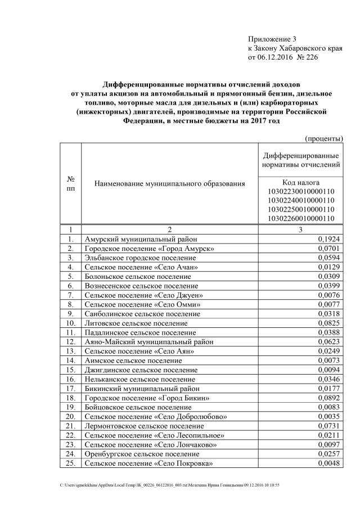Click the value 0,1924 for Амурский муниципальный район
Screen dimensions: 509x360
click(328, 239)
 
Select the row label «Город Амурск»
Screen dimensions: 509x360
click(149, 249)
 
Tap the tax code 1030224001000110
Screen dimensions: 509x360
click(301, 200)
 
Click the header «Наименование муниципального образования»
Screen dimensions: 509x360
click(170, 183)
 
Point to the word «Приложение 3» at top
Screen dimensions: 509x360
click(272, 39)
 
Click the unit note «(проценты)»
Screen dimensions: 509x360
click(323, 138)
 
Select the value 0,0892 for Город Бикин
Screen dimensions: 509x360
click(328, 398)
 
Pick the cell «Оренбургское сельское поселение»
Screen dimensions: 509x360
click(142, 454)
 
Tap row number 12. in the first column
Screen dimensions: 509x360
click(71, 341)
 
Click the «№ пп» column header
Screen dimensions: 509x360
click(71, 183)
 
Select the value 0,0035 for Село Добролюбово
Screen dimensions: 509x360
click(328, 417)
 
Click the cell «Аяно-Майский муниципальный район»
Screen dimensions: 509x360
click(147, 341)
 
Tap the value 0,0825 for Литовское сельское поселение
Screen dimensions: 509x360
click(328, 323)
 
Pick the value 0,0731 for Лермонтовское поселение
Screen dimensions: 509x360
click(328, 426)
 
